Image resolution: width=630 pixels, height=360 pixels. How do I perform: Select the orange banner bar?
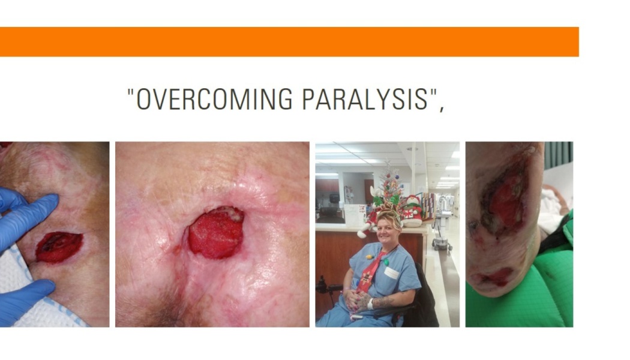point(289,42)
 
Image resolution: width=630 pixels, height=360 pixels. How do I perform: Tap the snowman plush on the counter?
point(412,211)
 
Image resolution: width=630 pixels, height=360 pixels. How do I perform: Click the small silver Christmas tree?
point(391,183)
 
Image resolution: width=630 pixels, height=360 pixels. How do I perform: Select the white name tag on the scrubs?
point(391,273)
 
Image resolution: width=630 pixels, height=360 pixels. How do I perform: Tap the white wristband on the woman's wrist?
point(370,304)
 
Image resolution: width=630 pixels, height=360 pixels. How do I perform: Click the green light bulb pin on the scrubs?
point(386,262)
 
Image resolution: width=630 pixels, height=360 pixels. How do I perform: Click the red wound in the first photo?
point(59,247)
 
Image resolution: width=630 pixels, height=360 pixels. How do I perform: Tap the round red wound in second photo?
point(216,233)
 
